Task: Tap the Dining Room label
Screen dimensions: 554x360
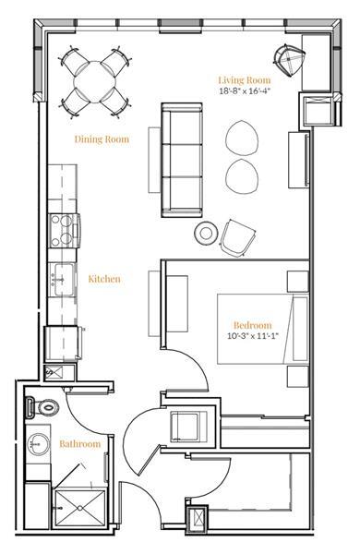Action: (102, 139)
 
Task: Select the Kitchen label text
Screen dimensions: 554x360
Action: (104, 278)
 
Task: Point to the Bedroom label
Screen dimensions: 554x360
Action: (252, 325)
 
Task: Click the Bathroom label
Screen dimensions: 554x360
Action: (80, 444)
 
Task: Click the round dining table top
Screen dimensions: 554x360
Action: (94, 78)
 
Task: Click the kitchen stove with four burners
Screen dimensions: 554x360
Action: (64, 226)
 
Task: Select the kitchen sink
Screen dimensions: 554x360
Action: (63, 276)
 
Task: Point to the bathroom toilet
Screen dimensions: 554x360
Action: (43, 404)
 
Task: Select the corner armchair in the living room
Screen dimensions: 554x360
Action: (293, 61)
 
